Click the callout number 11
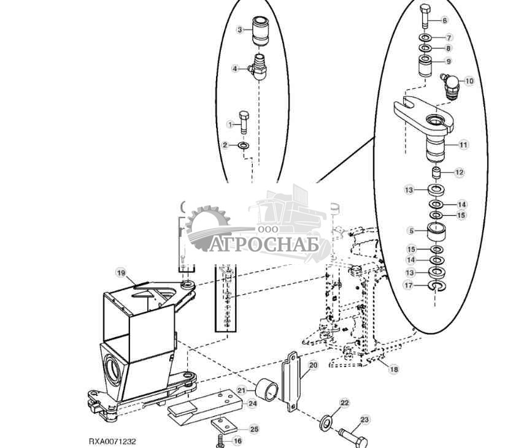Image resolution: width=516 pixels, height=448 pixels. (463, 145)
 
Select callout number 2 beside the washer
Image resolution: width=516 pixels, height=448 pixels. (225, 145)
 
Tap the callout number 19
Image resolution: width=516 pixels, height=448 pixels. (121, 272)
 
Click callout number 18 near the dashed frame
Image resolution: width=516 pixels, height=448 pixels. (394, 370)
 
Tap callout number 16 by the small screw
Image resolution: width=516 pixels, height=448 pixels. (237, 441)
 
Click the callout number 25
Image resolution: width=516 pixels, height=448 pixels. (254, 428)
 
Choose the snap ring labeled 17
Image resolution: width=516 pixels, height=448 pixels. (436, 286)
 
